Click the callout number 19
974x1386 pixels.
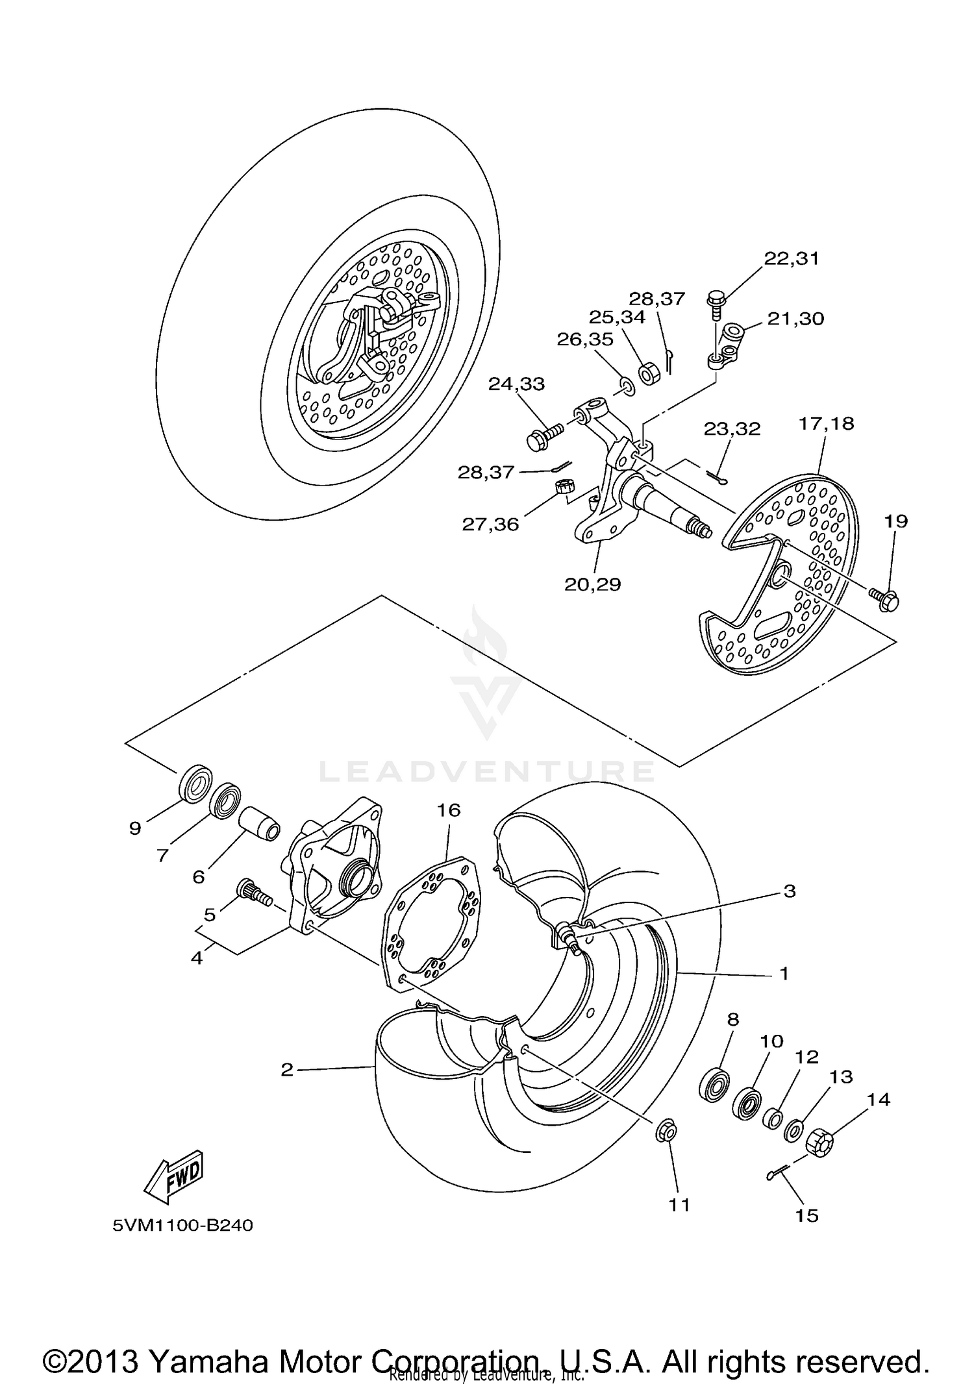(895, 521)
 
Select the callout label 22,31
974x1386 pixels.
(791, 258)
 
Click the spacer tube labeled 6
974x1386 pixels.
(261, 824)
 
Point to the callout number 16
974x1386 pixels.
(449, 810)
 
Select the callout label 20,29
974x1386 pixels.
(592, 584)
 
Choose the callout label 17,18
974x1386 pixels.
(826, 423)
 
